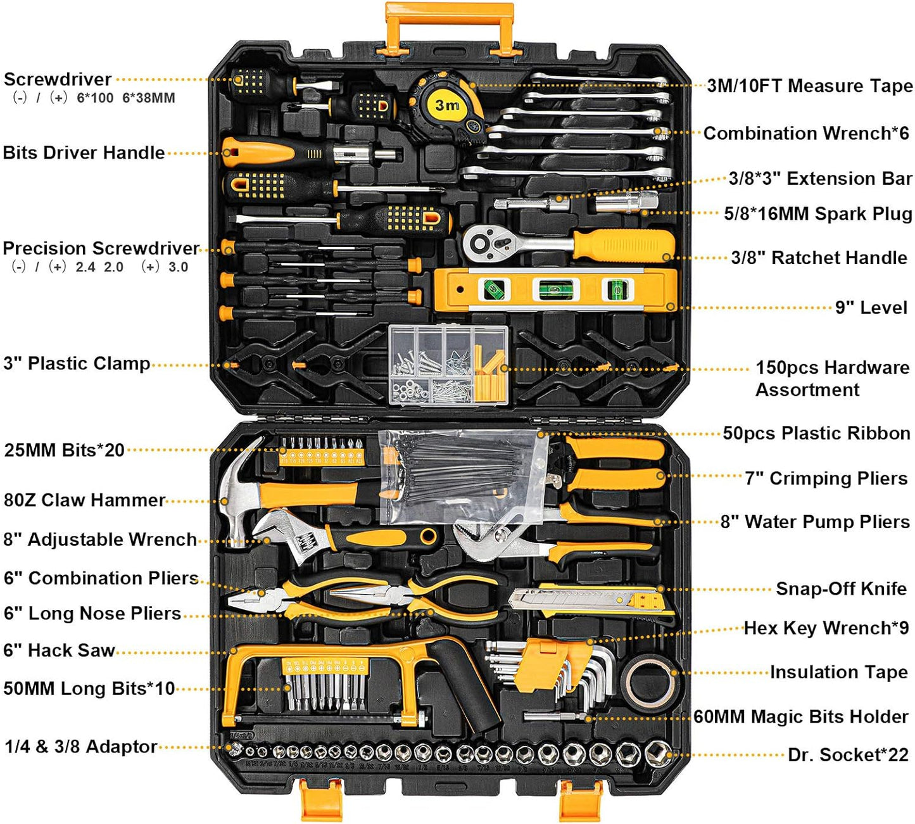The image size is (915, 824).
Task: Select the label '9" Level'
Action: (871, 308)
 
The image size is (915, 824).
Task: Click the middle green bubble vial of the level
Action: (556, 289)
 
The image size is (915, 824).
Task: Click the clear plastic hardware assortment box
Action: (448, 365)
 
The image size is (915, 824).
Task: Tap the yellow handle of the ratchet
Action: (623, 245)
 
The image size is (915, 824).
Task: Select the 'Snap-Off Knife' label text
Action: (841, 588)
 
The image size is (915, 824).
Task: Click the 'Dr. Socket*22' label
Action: (849, 755)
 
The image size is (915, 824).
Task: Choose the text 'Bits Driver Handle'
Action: (84, 153)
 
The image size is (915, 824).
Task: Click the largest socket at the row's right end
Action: (658, 753)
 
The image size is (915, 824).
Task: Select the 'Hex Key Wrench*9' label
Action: (826, 628)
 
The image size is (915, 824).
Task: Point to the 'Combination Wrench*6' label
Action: (806, 133)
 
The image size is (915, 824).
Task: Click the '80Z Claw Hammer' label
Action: (84, 500)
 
